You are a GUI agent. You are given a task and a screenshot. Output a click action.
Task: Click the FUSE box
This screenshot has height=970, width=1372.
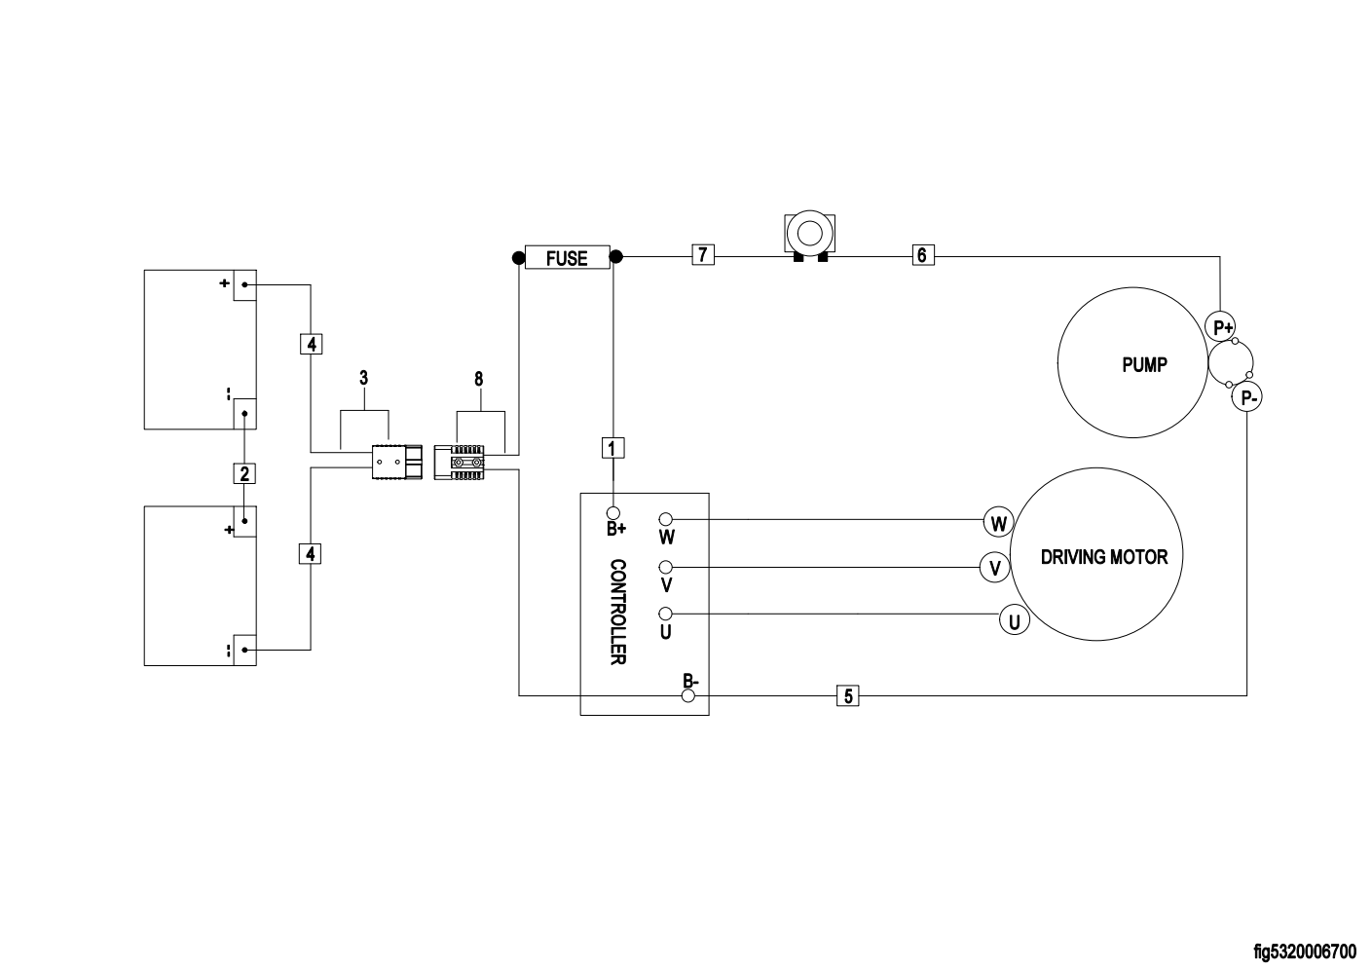click(x=568, y=257)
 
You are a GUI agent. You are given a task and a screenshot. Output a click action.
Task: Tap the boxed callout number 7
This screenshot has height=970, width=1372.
click(x=703, y=254)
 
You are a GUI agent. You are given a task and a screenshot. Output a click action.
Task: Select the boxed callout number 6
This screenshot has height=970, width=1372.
click(x=923, y=255)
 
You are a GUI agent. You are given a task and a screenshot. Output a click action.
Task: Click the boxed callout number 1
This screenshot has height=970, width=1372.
click(x=612, y=448)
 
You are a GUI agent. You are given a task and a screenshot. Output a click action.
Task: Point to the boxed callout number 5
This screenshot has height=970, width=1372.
click(x=848, y=695)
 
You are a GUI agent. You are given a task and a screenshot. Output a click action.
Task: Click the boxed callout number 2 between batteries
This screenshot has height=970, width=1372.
click(x=244, y=473)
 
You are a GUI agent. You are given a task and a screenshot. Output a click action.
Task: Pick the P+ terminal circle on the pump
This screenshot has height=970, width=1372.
click(x=1220, y=326)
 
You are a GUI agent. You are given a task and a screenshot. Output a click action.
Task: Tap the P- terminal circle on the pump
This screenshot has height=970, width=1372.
click(x=1247, y=397)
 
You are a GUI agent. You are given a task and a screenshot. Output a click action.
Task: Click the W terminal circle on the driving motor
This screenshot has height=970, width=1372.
click(x=998, y=523)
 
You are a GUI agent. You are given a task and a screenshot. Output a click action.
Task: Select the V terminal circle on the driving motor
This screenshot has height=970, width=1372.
click(x=995, y=568)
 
